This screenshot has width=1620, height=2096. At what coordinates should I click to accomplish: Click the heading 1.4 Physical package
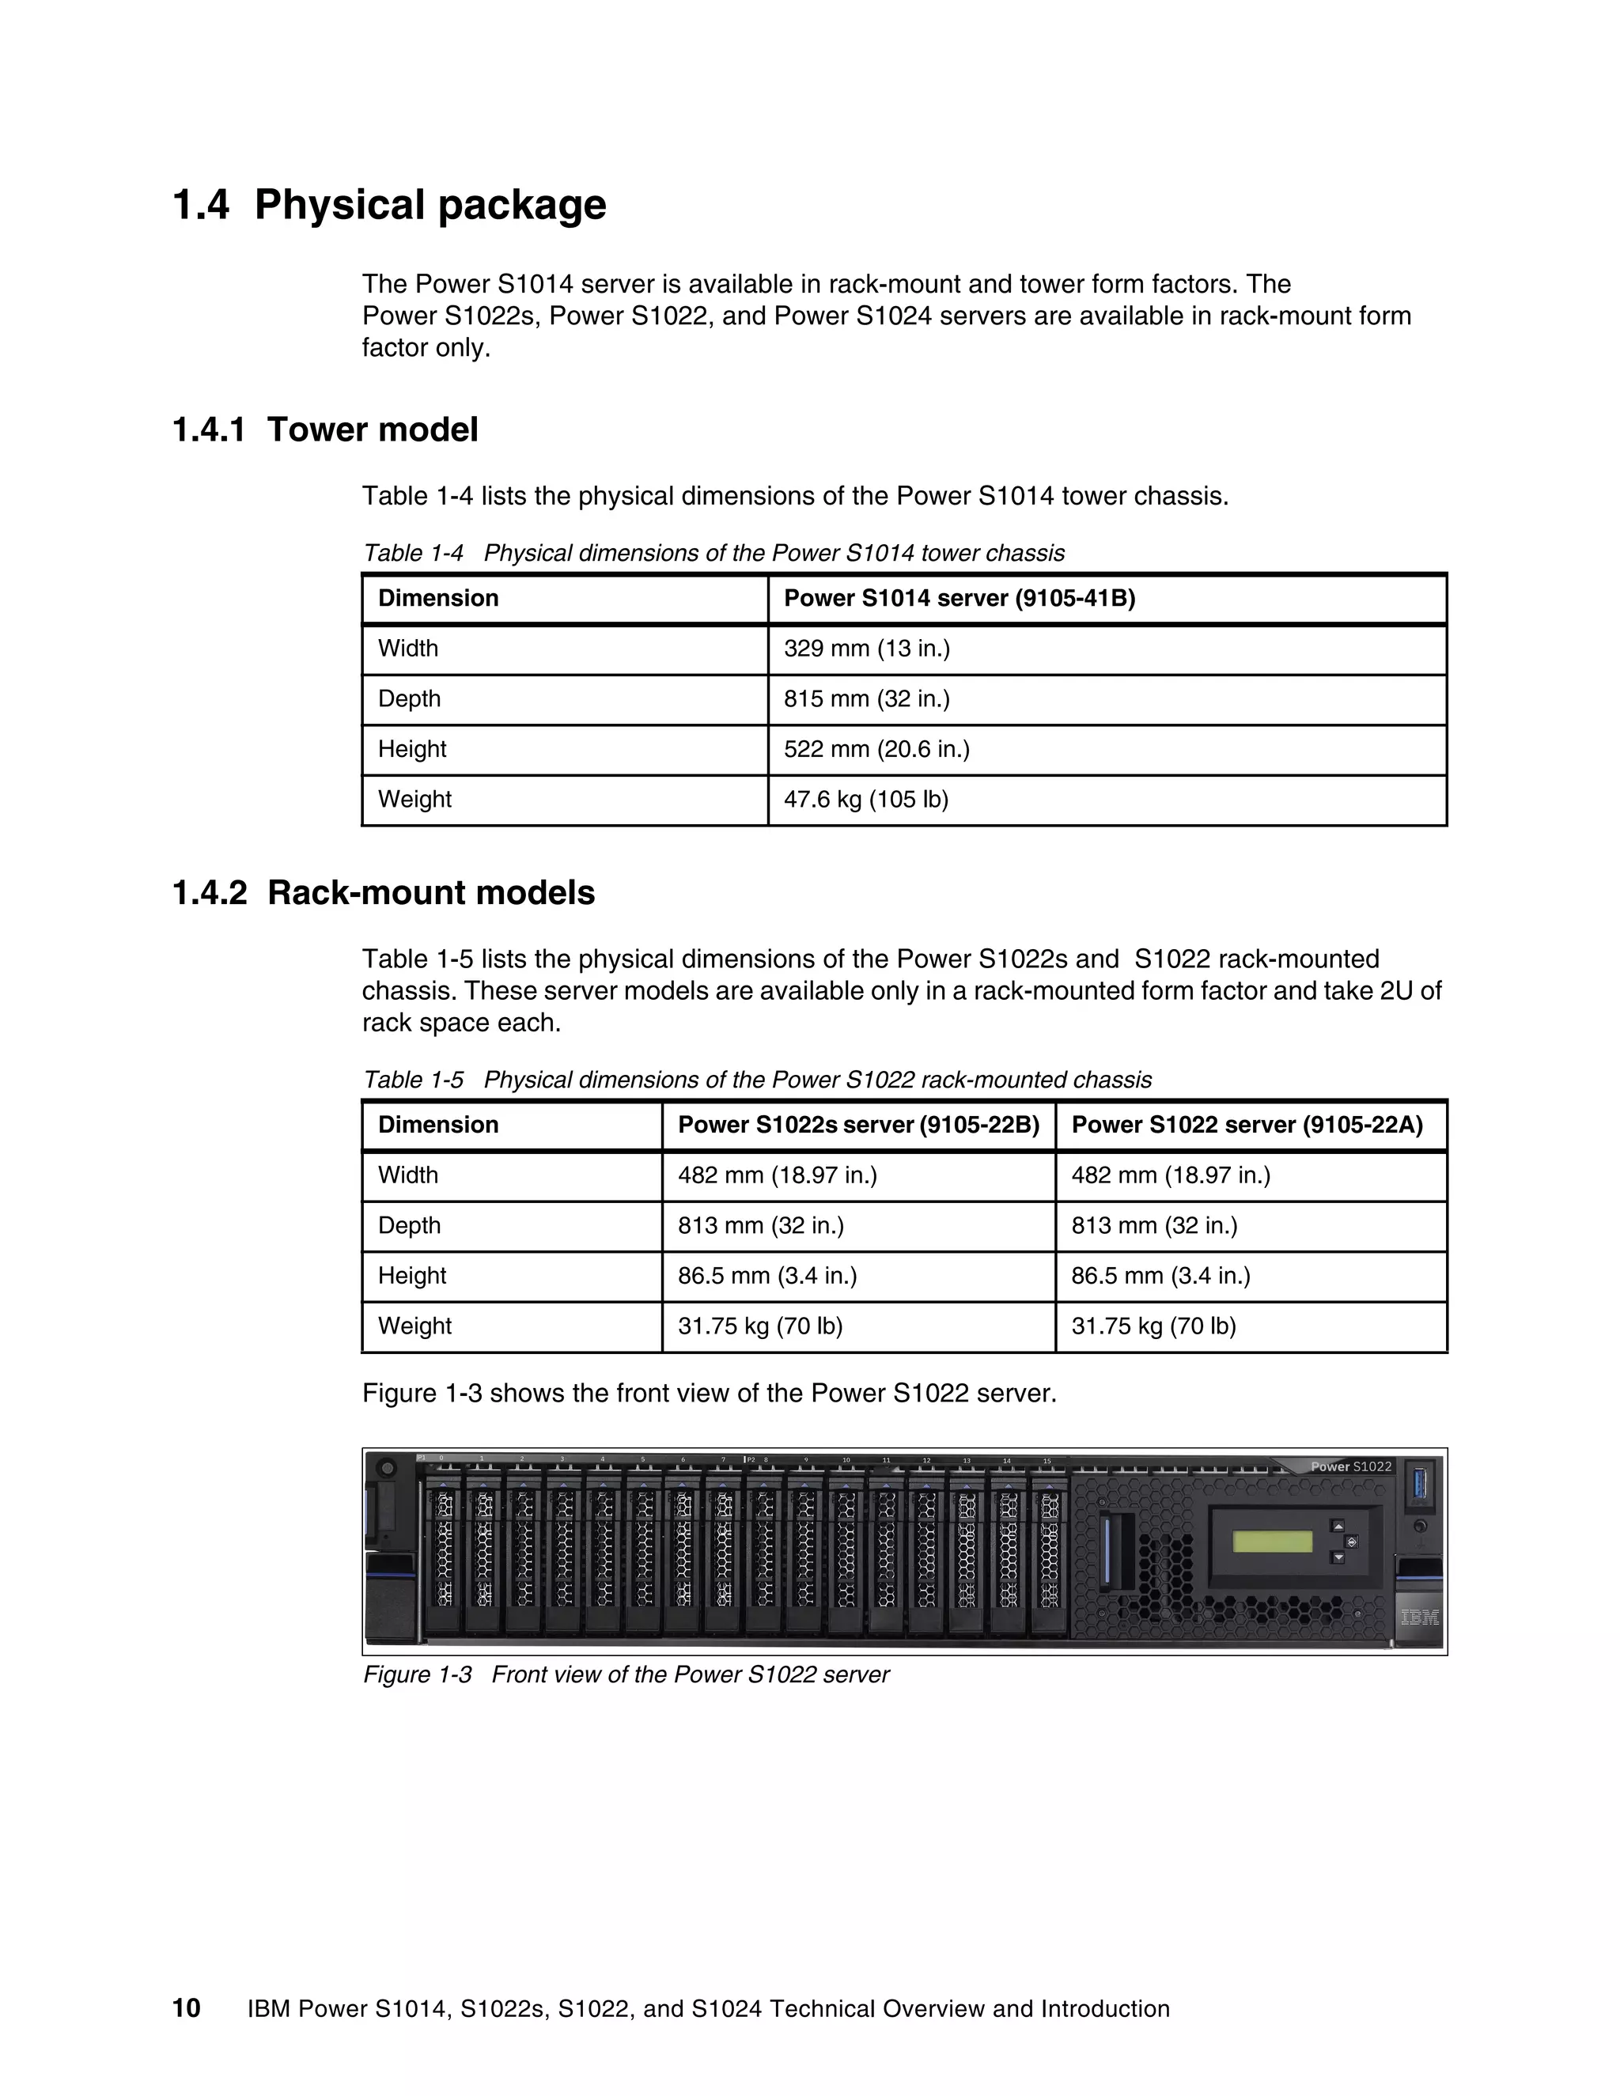(x=388, y=206)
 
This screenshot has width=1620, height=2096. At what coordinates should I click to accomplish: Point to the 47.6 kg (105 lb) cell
(x=865, y=800)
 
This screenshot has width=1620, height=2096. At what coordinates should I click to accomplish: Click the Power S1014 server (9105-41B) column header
(x=959, y=599)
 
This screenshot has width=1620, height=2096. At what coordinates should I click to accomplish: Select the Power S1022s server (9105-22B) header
(x=858, y=1125)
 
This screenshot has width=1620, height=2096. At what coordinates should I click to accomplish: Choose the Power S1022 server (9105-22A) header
(x=1246, y=1125)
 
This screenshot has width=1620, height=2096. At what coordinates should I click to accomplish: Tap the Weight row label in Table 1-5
(x=414, y=1326)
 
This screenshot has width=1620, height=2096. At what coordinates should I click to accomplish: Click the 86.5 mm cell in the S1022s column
(x=766, y=1276)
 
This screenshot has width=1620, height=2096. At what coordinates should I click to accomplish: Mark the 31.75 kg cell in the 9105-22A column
(x=1153, y=1326)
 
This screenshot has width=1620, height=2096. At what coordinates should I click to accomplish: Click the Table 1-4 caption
(x=713, y=554)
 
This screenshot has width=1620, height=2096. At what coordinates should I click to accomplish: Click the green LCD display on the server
(x=1272, y=1542)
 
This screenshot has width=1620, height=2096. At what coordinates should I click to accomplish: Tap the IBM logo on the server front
(x=1418, y=1617)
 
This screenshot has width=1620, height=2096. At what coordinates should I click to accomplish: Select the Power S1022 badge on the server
(x=1350, y=1466)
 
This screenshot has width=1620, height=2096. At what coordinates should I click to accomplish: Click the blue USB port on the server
(x=1421, y=1483)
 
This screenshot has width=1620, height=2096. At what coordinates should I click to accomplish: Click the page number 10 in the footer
(x=186, y=2009)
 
